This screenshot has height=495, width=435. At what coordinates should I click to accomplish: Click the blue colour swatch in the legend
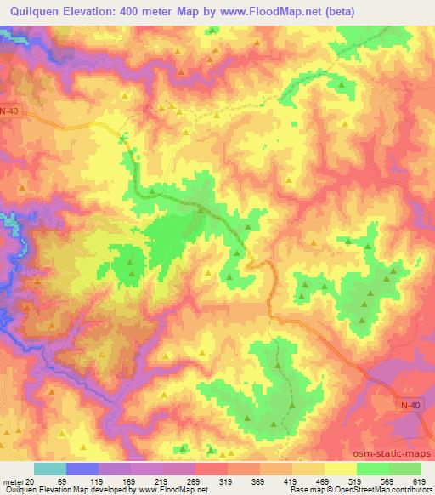(x=82, y=469)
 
